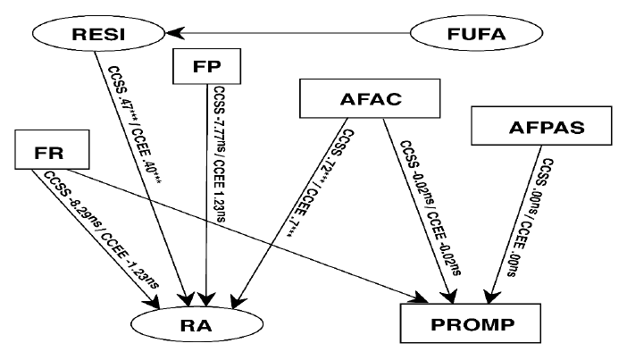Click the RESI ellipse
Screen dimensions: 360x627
[99, 36]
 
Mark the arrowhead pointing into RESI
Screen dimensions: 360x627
[175, 35]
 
